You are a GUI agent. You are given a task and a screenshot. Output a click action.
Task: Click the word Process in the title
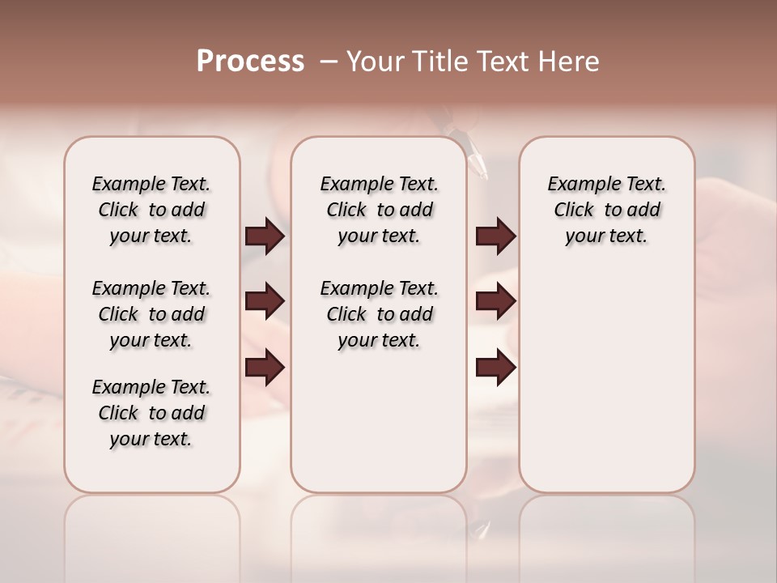point(250,62)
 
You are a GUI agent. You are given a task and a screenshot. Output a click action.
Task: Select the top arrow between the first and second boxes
point(265,236)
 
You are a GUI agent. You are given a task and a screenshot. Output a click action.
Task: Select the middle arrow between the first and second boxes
point(265,301)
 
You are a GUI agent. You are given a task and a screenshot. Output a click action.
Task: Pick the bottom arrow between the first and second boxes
point(265,368)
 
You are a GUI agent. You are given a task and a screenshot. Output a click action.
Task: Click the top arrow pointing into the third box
point(495,236)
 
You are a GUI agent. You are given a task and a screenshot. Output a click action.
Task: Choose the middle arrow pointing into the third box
point(495,301)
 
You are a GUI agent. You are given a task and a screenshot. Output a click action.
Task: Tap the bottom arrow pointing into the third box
point(495,368)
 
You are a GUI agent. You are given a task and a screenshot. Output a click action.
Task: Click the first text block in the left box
point(151,210)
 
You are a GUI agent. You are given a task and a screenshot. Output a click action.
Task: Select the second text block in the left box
point(151,314)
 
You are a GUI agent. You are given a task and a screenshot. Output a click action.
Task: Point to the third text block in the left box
point(151,413)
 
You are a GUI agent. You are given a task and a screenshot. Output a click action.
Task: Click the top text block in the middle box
point(379,210)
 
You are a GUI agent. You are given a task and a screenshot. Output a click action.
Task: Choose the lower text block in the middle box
point(379,314)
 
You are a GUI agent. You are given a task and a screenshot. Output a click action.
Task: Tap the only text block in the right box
point(606,210)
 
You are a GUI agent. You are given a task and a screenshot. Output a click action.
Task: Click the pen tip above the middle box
point(482,171)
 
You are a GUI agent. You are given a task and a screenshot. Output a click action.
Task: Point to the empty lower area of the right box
point(606,381)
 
